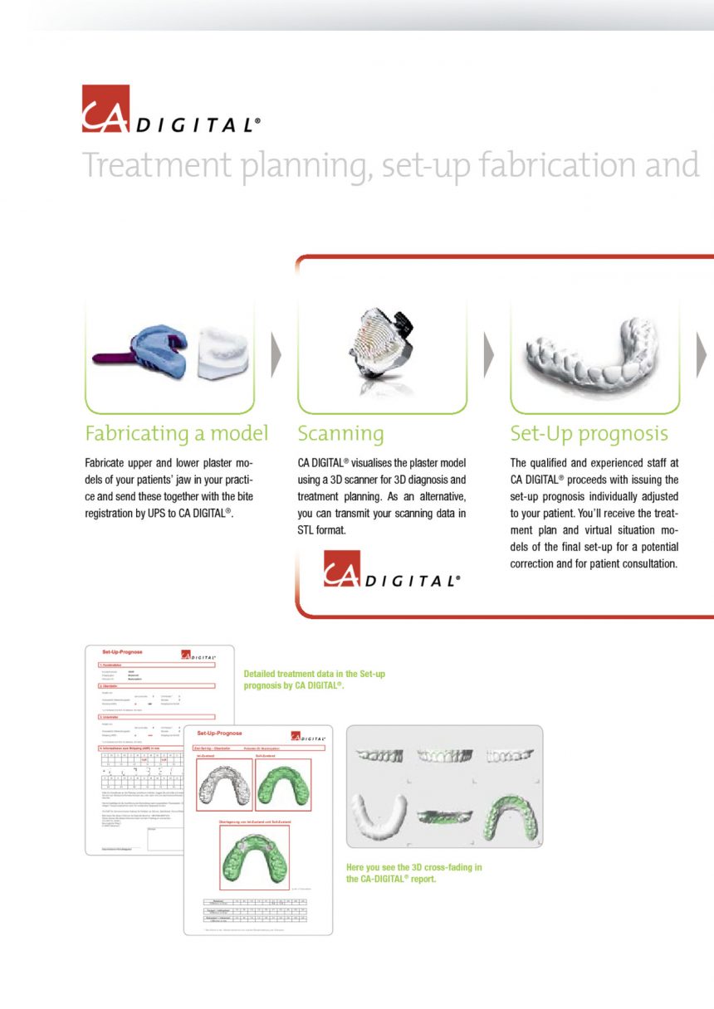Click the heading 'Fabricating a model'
[x=176, y=434]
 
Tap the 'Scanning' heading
[x=340, y=434]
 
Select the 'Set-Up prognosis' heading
[x=589, y=434]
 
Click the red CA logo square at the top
[x=105, y=109]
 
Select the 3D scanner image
[x=381, y=349]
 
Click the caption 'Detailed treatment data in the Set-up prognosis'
[x=314, y=680]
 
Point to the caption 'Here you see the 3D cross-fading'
[x=413, y=873]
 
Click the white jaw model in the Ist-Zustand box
[x=224, y=785]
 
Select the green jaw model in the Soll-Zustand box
[x=283, y=785]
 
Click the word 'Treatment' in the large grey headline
[x=156, y=165]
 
